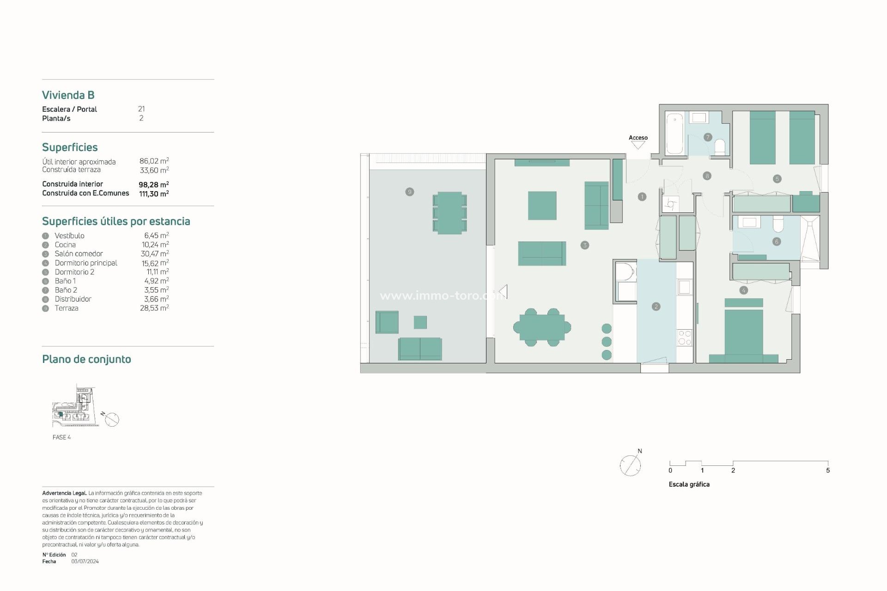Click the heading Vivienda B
tap(68, 95)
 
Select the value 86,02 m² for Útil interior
tap(154, 161)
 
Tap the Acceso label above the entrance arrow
tap(638, 138)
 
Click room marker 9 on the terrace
tap(409, 192)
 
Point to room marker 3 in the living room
tap(585, 245)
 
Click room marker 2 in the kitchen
tap(656, 307)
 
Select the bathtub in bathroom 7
tap(674, 133)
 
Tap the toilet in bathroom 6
tap(778, 224)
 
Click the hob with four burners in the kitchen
tap(684, 338)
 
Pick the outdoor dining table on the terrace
tap(450, 213)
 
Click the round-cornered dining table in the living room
tap(542, 327)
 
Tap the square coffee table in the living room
tap(542, 205)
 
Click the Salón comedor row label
tap(79, 253)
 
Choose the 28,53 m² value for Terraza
tap(154, 308)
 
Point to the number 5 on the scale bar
tap(828, 470)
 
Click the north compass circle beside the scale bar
tap(630, 465)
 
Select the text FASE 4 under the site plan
tap(61, 437)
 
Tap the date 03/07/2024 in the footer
tap(85, 561)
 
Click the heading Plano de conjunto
tap(86, 359)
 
